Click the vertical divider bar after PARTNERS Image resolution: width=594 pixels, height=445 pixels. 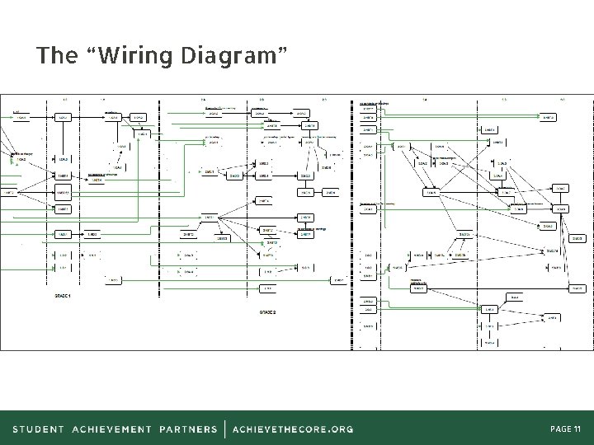coord(224,429)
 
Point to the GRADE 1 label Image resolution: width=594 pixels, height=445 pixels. coord(63,295)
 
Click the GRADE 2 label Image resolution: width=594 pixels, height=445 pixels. coord(268,313)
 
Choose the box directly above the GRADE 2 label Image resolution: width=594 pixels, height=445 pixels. coord(266,289)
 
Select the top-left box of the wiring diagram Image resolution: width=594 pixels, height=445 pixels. coord(22,117)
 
